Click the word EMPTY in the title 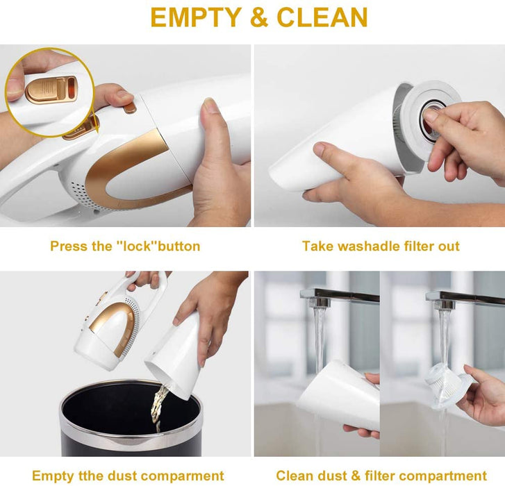(x=196, y=17)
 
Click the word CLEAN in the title (x=322, y=17)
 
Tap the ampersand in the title (x=259, y=17)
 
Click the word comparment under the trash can (x=182, y=476)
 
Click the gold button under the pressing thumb (x=130, y=108)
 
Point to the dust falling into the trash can (x=159, y=406)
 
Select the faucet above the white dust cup (x=339, y=298)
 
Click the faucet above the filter (x=465, y=299)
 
